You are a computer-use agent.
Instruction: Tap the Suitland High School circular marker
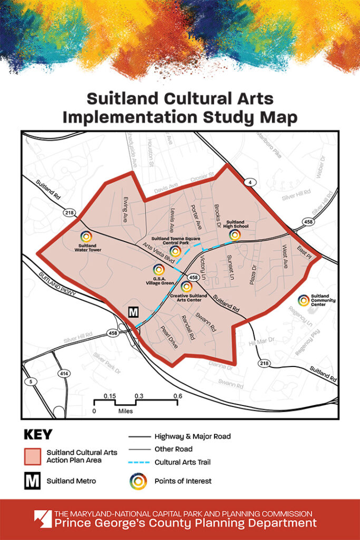click(x=235, y=235)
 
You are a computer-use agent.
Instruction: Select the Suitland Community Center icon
click(x=303, y=300)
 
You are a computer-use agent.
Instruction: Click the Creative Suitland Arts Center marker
click(x=186, y=287)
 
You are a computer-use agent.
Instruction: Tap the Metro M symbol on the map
click(x=134, y=312)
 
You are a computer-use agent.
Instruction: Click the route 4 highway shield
click(x=247, y=182)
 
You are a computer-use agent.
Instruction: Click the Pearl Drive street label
click(x=170, y=335)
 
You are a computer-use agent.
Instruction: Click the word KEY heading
click(x=38, y=435)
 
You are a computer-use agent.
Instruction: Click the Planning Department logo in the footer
click(x=42, y=519)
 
